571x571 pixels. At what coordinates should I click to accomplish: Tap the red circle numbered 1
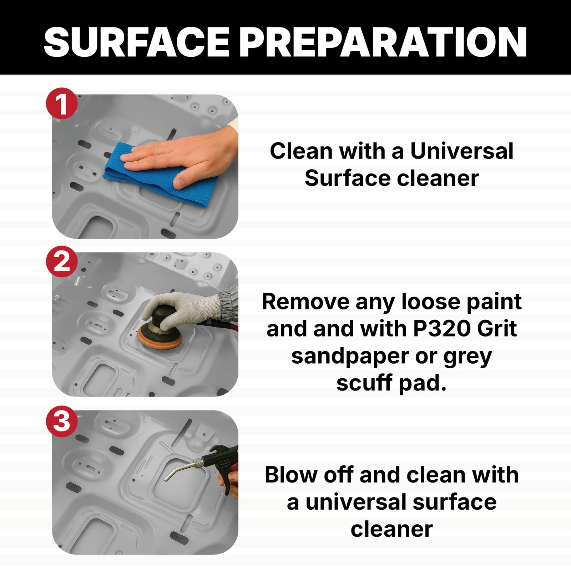[62, 104]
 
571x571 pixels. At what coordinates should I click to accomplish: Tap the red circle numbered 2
[62, 262]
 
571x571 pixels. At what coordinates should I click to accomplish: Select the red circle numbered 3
[62, 421]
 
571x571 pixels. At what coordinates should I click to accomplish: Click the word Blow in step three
[291, 475]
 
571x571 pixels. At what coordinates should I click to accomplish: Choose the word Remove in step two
[306, 302]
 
